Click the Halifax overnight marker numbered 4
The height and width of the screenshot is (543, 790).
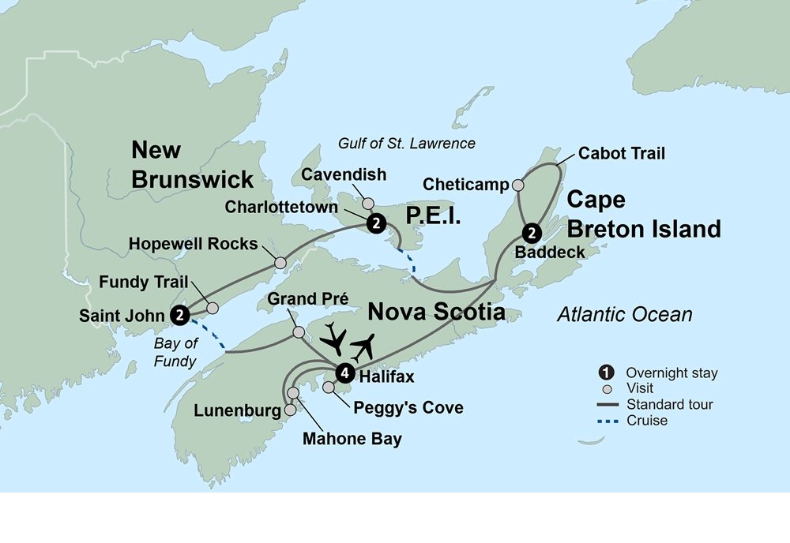(x=344, y=373)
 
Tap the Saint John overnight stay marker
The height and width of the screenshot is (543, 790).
(x=181, y=315)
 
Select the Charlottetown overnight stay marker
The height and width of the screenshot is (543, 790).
(x=377, y=223)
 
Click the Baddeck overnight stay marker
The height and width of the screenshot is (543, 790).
(x=532, y=233)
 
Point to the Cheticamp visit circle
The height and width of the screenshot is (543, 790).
(x=518, y=185)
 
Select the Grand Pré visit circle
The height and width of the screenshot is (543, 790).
(x=299, y=332)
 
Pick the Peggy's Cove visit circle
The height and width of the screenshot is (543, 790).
(x=329, y=388)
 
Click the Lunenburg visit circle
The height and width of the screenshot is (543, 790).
(x=290, y=410)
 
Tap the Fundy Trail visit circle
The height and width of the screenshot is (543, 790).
(x=212, y=308)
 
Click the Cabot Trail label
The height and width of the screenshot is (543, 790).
(x=621, y=153)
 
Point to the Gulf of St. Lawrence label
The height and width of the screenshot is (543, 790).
(x=406, y=143)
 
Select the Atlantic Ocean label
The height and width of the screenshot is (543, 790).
(x=624, y=314)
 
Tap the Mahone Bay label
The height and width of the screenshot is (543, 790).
(x=352, y=440)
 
